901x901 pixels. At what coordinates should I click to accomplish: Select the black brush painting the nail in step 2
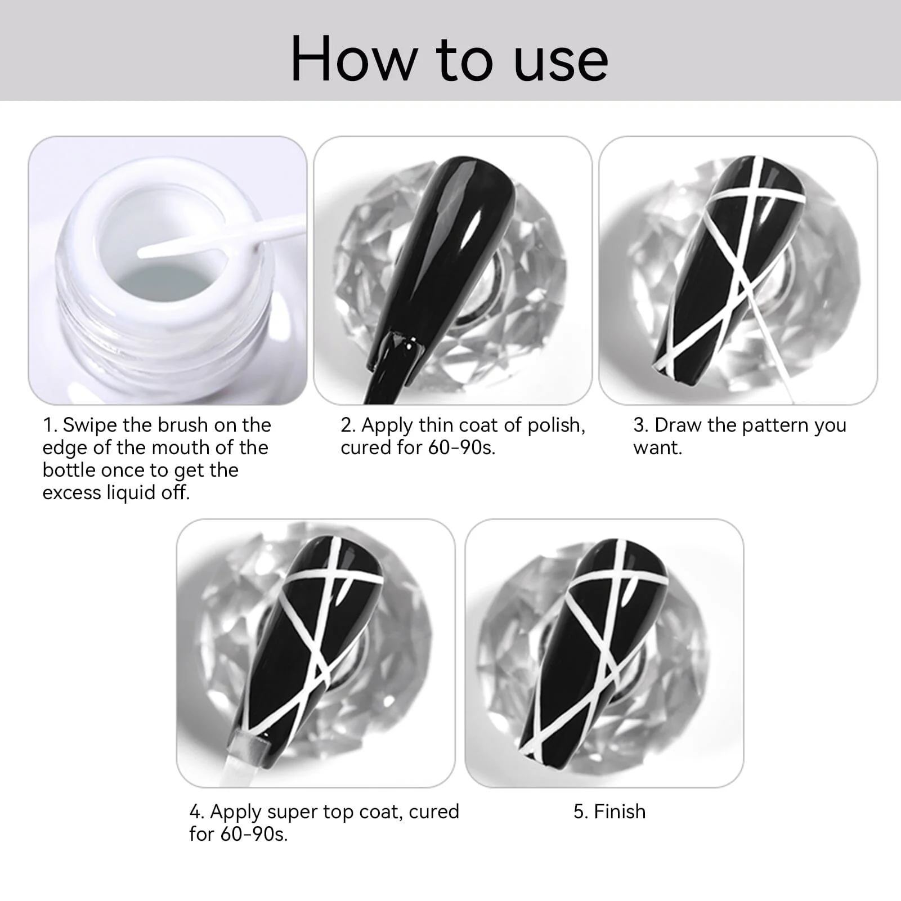[394, 366]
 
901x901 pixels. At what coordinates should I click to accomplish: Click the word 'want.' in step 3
[657, 448]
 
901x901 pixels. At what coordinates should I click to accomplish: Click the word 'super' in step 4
[292, 812]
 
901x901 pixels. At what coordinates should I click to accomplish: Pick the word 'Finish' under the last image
[620, 812]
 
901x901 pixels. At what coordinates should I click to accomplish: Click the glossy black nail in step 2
[445, 242]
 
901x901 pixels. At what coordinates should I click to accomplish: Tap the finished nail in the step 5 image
[597, 647]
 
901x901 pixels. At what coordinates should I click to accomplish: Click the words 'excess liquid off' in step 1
[116, 493]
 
